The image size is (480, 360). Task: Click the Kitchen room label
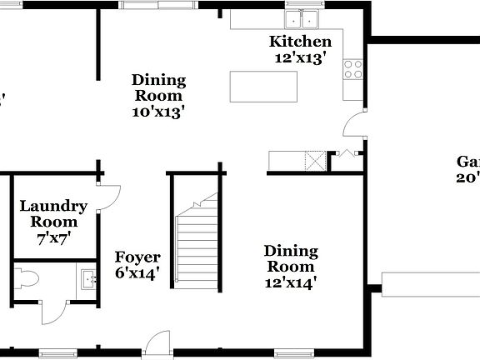coord(300,42)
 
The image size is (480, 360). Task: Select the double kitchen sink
coord(302,18)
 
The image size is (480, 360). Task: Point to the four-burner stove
coord(353,69)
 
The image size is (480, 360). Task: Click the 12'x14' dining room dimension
coord(291,282)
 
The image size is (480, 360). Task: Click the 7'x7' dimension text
coord(53,237)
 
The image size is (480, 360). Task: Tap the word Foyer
coord(137,257)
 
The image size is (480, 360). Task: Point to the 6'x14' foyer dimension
coord(137,272)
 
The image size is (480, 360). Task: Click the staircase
coord(197,242)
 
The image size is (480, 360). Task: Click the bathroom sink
coord(87,277)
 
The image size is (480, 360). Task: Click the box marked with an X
coord(315,160)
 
